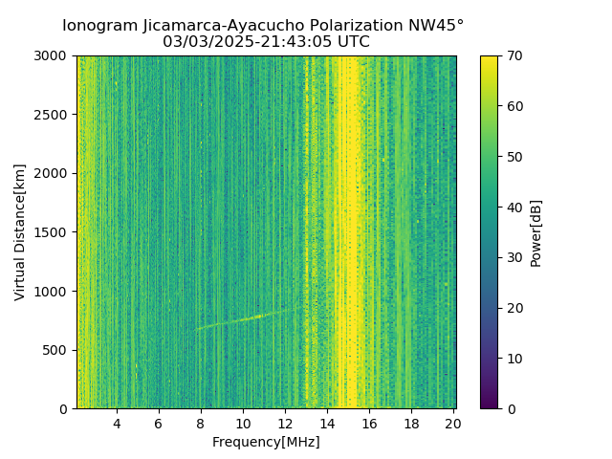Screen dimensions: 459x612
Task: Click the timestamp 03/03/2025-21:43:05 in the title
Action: pos(248,42)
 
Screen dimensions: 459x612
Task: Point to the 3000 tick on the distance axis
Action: pos(54,56)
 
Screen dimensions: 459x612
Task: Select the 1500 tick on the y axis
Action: pos(54,232)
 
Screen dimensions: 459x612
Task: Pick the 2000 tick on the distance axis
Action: pos(54,173)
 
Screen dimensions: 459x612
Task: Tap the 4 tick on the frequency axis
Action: pos(117,424)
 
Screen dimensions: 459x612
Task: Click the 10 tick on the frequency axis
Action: pos(243,424)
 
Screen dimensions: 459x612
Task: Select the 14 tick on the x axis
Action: pos(327,424)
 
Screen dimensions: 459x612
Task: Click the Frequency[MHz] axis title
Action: pos(266,442)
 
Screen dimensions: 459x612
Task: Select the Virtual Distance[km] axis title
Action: pos(20,232)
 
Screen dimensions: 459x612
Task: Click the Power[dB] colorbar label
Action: pos(536,232)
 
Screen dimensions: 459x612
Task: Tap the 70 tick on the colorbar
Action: pos(514,56)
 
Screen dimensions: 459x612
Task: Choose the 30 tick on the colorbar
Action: pos(514,257)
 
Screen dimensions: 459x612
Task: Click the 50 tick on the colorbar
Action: pos(514,157)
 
